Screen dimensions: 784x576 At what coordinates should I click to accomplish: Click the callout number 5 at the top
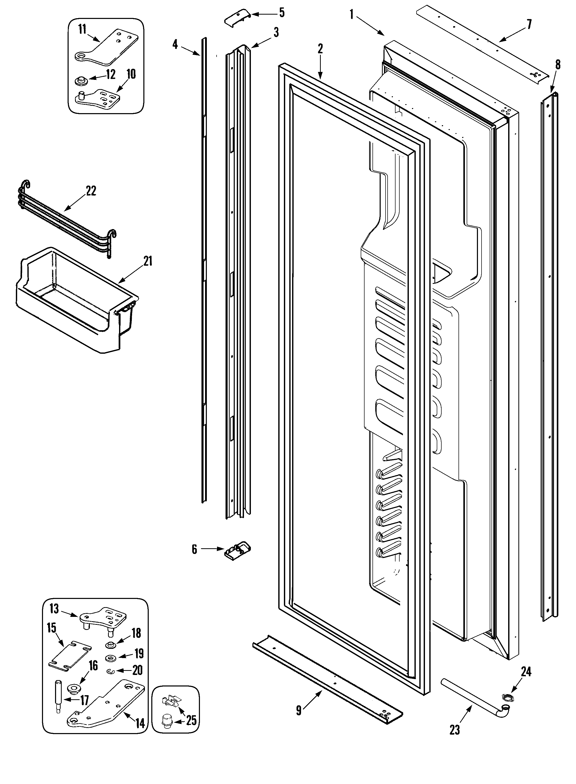282,13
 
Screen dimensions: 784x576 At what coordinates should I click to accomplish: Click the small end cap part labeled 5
236,16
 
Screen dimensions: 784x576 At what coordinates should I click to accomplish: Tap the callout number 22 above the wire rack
91,191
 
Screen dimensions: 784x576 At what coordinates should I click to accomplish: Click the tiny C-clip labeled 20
110,670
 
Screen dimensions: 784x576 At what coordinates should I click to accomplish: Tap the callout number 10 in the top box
131,74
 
